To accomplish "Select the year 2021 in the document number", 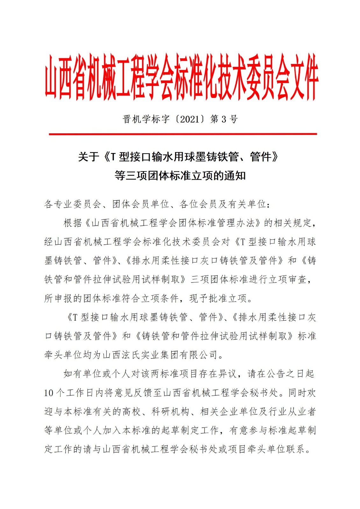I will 190,119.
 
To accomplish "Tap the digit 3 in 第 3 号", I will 224,119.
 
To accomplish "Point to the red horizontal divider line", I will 183,134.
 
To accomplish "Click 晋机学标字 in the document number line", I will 146,119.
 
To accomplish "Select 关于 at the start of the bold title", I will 88,157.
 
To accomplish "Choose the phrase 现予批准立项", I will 218,298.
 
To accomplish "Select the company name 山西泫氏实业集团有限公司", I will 160,355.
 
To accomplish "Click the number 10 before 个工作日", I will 49,393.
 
